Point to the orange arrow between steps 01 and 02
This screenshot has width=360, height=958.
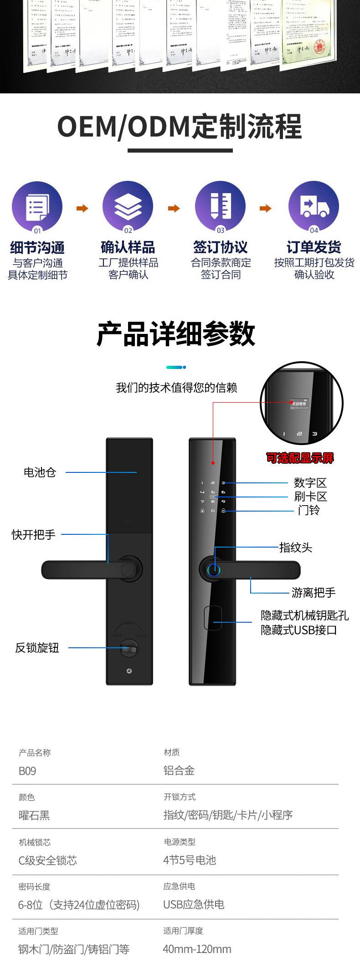(x=82, y=209)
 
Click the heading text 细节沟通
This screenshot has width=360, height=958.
(x=37, y=248)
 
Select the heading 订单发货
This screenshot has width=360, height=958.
(x=314, y=247)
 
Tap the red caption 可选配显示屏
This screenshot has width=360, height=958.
(x=300, y=458)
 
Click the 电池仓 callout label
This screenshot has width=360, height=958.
(x=40, y=472)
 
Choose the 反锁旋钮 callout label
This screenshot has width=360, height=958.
(x=37, y=647)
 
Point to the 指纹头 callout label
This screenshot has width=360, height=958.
(x=295, y=547)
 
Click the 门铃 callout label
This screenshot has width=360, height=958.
(x=309, y=510)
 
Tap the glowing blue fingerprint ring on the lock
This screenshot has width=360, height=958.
(x=214, y=570)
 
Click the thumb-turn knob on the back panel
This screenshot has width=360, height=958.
(x=129, y=648)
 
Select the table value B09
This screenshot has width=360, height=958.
(x=27, y=771)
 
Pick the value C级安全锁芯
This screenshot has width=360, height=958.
(x=47, y=860)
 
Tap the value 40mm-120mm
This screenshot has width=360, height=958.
(x=197, y=949)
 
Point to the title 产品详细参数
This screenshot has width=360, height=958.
(x=176, y=334)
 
